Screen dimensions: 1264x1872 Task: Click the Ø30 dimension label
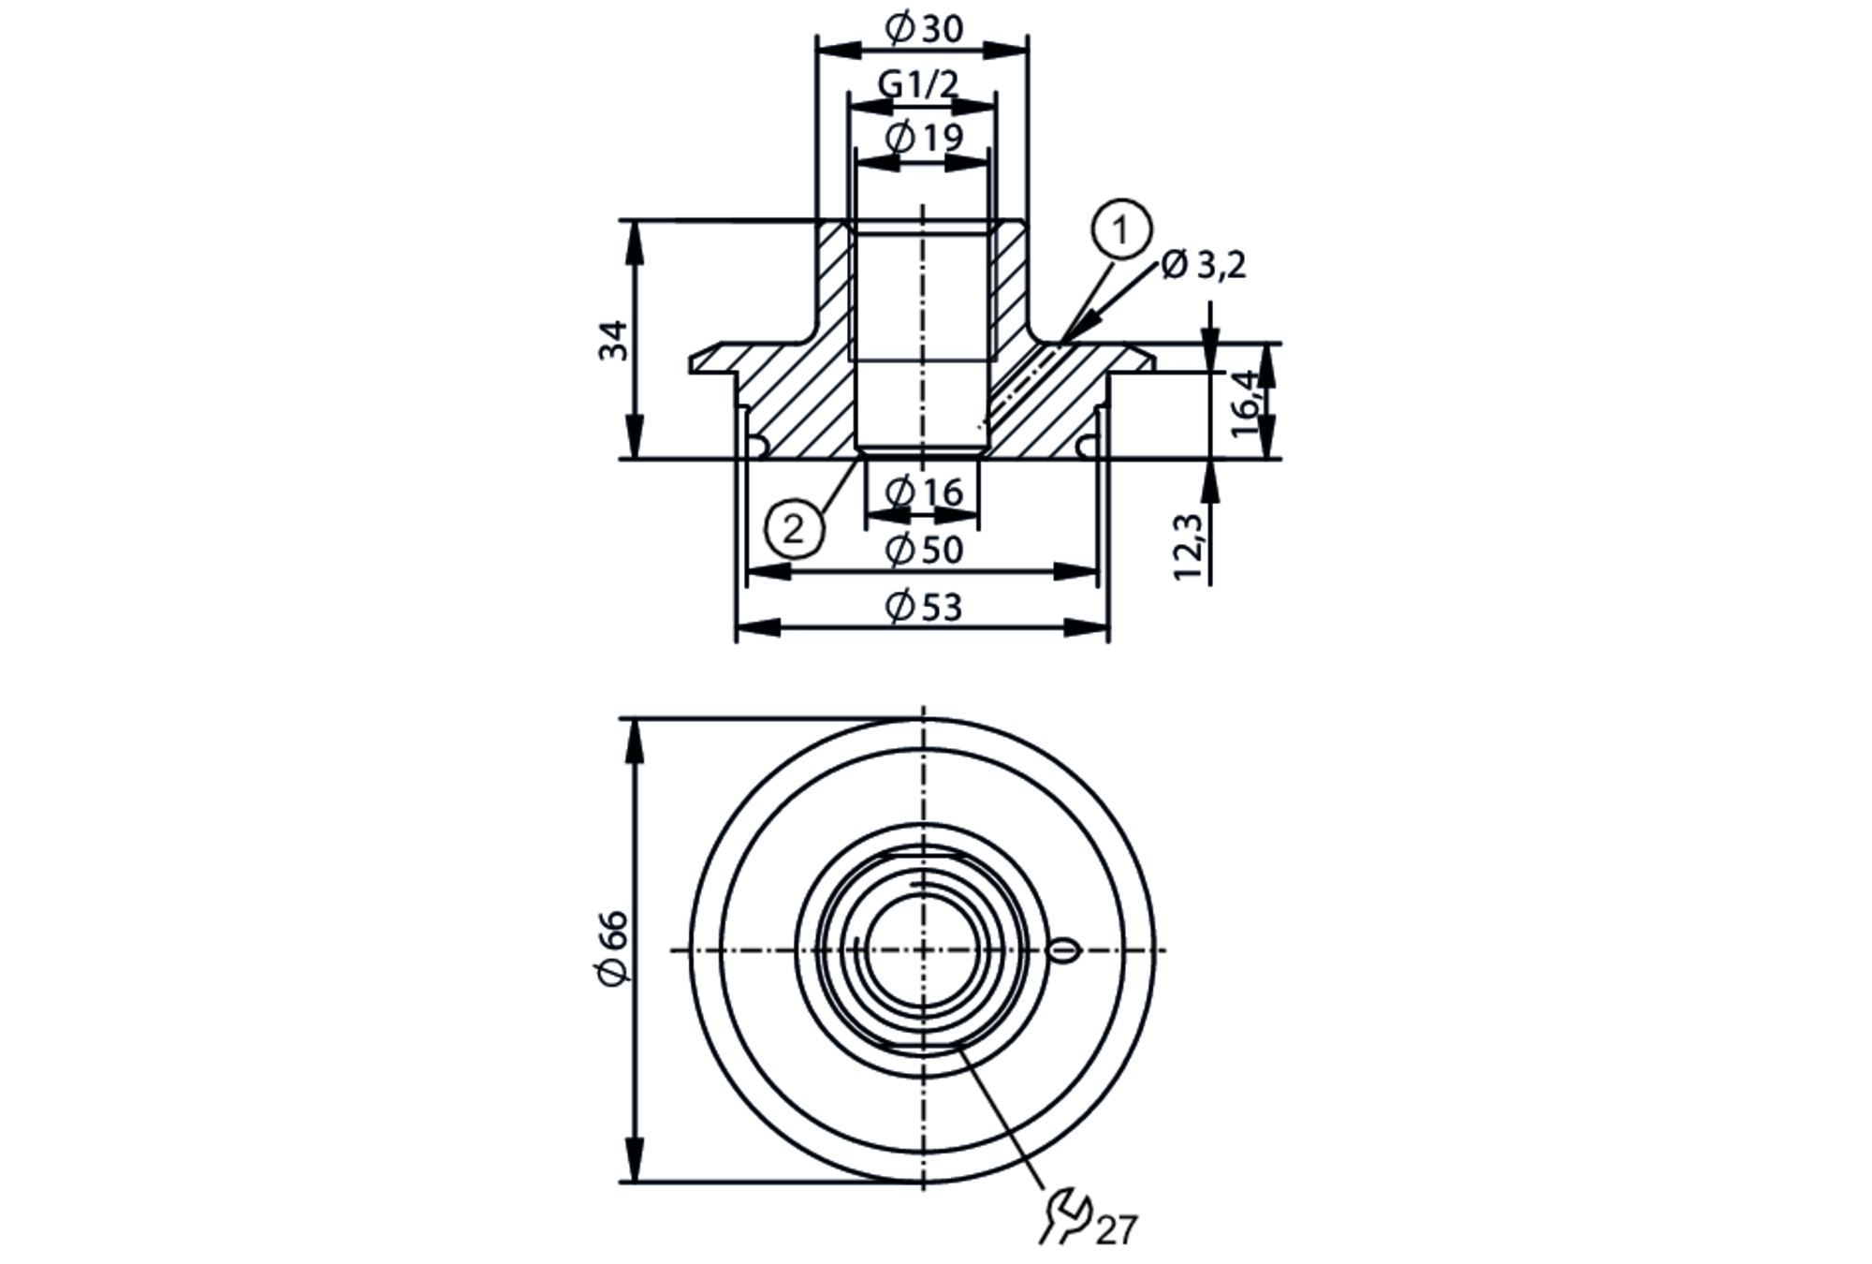[x=923, y=30]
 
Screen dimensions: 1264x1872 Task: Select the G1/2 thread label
[x=918, y=85]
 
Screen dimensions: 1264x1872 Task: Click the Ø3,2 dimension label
[x=1204, y=266]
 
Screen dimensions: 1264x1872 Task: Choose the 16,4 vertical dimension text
[x=1245, y=403]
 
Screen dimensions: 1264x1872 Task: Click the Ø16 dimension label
[x=923, y=492]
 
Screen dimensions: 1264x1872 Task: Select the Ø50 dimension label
[x=923, y=550]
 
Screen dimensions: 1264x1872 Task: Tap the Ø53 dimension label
[x=923, y=608]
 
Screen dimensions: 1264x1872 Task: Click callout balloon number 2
[x=794, y=530]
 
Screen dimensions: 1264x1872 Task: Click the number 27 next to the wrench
[x=1117, y=1229]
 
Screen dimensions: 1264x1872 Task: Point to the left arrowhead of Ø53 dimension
[x=758, y=627]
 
